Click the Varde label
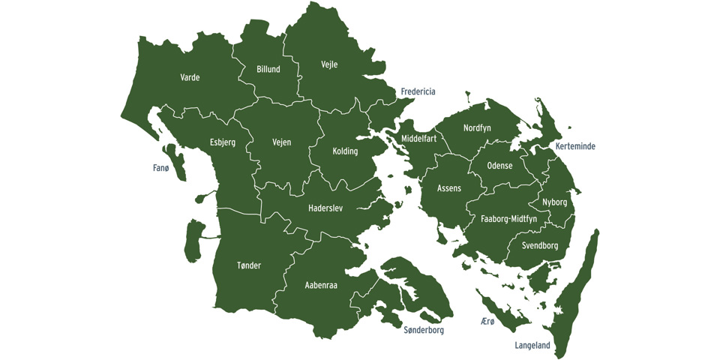(190, 77)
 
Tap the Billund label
(268, 69)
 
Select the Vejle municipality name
(329, 64)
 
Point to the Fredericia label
(418, 92)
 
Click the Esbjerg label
(223, 142)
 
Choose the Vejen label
(281, 142)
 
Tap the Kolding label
(345, 151)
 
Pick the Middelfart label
(418, 139)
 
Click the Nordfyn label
(477, 128)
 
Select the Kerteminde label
(575, 146)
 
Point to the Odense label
(499, 166)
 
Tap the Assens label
(449, 188)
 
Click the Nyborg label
(554, 202)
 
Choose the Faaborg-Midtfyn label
(508, 219)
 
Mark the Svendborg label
(540, 245)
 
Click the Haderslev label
(325, 208)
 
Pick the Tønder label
(248, 265)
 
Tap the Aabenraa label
(321, 286)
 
